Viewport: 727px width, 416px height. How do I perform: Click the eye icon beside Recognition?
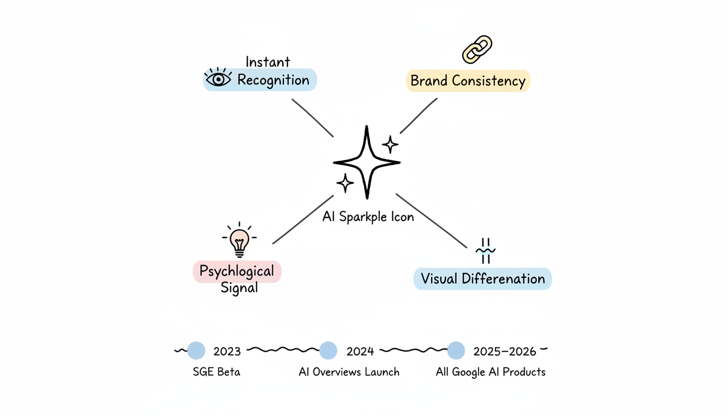click(x=218, y=79)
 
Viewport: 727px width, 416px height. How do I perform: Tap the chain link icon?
click(x=477, y=49)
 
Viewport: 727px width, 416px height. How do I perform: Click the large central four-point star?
click(x=367, y=162)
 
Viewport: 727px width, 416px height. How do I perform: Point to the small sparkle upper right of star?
click(x=390, y=145)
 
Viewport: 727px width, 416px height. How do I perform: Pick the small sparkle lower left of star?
click(x=345, y=183)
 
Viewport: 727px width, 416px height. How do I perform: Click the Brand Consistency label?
click(x=468, y=81)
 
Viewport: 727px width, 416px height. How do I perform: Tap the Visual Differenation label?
click(x=483, y=279)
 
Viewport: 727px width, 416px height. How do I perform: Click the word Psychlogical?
click(x=237, y=271)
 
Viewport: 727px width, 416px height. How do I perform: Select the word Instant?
click(x=268, y=62)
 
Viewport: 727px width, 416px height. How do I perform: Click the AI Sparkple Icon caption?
click(x=368, y=217)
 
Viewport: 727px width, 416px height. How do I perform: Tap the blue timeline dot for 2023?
click(x=196, y=350)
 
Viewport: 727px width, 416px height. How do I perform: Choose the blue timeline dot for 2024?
click(x=328, y=350)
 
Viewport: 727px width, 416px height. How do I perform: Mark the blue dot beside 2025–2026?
click(x=456, y=350)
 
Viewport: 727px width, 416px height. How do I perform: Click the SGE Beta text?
click(x=216, y=372)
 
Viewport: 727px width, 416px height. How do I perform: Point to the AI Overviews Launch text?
click(x=349, y=372)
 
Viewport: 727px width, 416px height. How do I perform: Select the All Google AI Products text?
click(x=491, y=372)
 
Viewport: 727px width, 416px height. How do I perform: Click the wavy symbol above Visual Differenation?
click(x=485, y=251)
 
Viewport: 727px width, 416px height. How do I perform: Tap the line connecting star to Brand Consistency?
click(x=418, y=116)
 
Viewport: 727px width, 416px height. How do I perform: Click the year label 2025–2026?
click(x=504, y=352)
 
